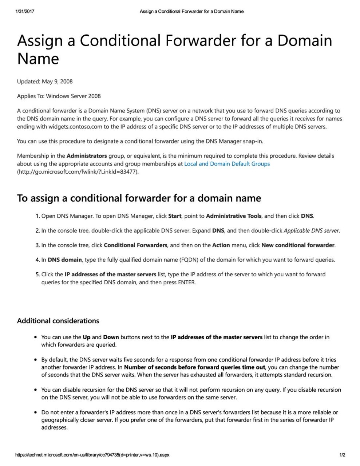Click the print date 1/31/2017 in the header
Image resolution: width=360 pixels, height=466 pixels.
(25, 11)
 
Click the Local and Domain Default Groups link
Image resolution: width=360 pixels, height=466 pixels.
(227, 164)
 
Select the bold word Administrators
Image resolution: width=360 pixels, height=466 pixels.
(87, 156)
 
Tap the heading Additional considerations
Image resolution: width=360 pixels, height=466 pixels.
(58, 321)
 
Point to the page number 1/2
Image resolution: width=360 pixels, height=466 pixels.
(342, 455)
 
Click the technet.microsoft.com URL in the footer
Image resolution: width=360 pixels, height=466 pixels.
(92, 455)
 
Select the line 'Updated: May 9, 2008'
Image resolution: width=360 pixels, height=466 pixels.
(45, 81)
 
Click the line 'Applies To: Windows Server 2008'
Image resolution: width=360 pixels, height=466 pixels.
(59, 96)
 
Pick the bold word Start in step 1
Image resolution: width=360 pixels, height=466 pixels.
(175, 216)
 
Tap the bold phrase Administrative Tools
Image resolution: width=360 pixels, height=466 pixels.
(233, 216)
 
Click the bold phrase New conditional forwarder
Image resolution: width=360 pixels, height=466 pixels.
(298, 245)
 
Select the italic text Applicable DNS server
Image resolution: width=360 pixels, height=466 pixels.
(311, 230)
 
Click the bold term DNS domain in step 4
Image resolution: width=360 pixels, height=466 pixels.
(65, 260)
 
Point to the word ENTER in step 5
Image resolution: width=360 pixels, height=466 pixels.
(186, 282)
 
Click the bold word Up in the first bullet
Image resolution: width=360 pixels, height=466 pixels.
(87, 337)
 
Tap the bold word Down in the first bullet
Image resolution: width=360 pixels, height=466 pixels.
(111, 337)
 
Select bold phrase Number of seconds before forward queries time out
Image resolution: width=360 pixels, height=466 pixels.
(194, 367)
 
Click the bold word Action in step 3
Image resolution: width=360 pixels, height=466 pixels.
(221, 245)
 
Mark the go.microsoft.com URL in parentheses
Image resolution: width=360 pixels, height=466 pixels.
(78, 171)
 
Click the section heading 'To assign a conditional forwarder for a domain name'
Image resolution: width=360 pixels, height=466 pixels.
(139, 198)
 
